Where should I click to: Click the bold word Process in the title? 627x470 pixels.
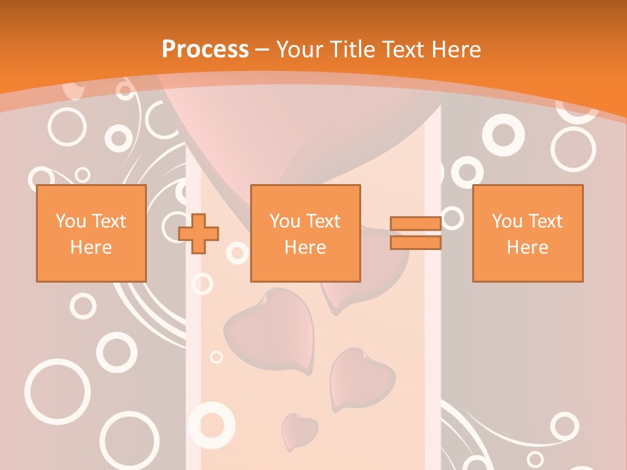205,50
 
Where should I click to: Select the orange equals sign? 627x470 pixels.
415,233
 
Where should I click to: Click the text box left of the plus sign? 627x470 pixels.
91,233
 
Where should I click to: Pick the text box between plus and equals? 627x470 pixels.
305,233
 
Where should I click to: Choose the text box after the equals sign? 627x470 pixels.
527,233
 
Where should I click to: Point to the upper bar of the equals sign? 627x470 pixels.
415,224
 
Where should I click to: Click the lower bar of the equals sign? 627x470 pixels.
415,242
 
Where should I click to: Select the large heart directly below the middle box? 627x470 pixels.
269,330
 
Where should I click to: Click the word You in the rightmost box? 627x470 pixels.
506,221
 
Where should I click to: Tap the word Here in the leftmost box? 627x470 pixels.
91,247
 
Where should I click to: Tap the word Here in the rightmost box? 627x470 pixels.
527,247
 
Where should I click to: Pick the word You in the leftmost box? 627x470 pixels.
70,221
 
